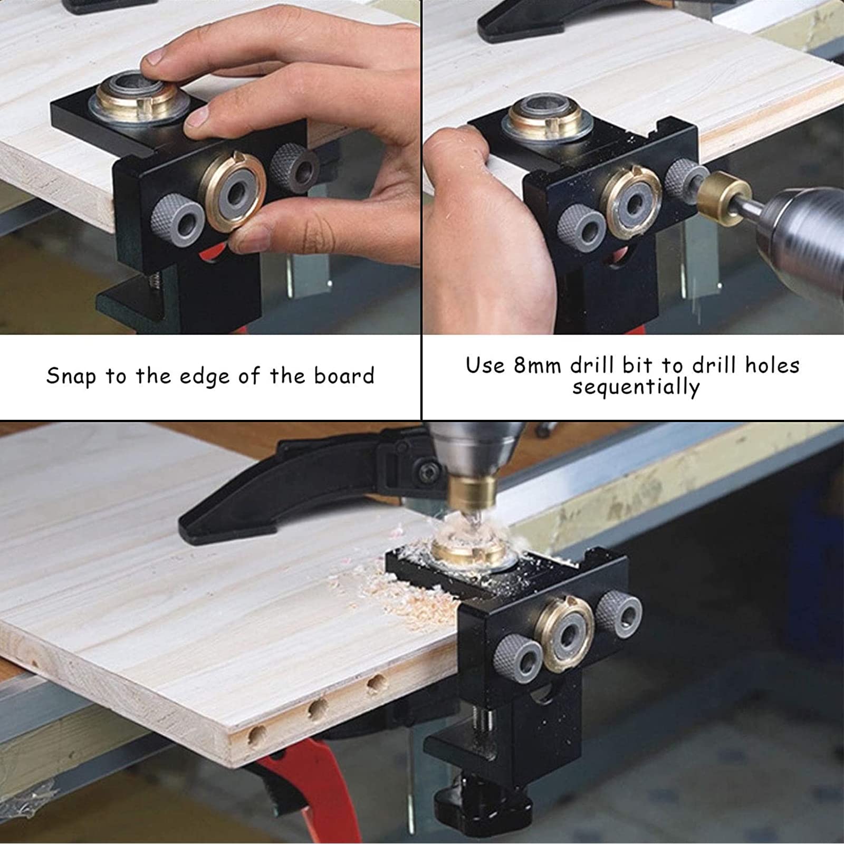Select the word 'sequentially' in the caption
coord(636,388)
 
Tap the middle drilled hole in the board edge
coord(318,709)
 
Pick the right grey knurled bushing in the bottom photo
coord(620,613)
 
